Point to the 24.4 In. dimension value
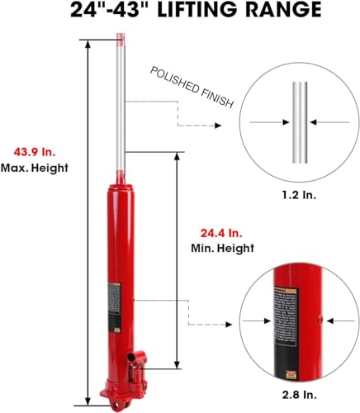(x=220, y=232)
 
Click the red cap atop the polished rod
(x=121, y=39)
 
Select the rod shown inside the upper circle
(x=296, y=122)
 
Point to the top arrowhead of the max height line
(x=85, y=42)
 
